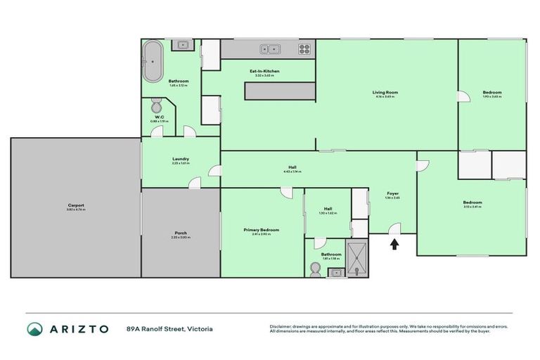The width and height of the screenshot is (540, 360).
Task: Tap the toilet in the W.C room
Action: click(156, 108)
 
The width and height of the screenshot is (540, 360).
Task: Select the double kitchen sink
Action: click(269, 49)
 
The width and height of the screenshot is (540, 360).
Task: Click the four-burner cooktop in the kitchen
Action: click(304, 49)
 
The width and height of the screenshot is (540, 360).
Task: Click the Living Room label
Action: click(385, 92)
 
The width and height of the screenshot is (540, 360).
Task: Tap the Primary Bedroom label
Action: click(261, 230)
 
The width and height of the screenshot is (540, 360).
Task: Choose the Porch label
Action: click(181, 233)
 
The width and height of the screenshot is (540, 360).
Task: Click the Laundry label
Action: click(181, 159)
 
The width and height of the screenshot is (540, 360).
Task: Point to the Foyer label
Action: click(393, 193)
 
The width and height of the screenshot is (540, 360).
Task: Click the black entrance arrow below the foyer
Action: click(394, 244)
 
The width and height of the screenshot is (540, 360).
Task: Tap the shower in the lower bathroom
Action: click(359, 259)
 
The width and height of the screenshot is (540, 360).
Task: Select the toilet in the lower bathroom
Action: click(314, 269)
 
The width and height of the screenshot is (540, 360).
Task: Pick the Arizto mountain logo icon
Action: click(35, 328)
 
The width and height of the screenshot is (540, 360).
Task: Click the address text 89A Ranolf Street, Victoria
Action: click(169, 328)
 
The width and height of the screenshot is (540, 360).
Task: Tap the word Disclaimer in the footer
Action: click(282, 326)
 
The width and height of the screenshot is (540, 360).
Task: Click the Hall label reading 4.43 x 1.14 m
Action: click(292, 167)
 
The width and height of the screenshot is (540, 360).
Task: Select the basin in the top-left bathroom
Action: click(181, 46)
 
